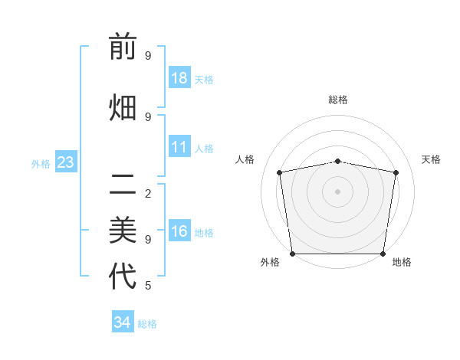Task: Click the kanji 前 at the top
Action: pyautogui.click(x=123, y=47)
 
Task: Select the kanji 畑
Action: pyautogui.click(x=123, y=108)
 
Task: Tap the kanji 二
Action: pyautogui.click(x=123, y=184)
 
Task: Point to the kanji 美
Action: pyautogui.click(x=123, y=229)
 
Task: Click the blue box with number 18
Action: pyautogui.click(x=179, y=78)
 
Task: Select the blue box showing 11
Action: pyautogui.click(x=179, y=147)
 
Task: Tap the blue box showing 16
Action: pyautogui.click(x=179, y=231)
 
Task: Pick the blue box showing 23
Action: pyautogui.click(x=65, y=162)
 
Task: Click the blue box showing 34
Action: pyautogui.click(x=123, y=322)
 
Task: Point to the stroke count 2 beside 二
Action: pyautogui.click(x=147, y=193)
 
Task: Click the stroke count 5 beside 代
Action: pyautogui.click(x=147, y=286)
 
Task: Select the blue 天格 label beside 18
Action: pyautogui.click(x=204, y=80)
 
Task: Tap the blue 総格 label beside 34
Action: pyautogui.click(x=147, y=324)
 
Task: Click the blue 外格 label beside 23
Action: pyautogui.click(x=41, y=164)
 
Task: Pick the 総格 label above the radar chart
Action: pyautogui.click(x=337, y=100)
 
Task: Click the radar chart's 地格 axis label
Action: pyautogui.click(x=402, y=263)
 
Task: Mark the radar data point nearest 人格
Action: pyautogui.click(x=280, y=172)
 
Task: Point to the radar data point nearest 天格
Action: pyautogui.click(x=396, y=172)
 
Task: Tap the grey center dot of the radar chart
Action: pyautogui.click(x=337, y=191)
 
